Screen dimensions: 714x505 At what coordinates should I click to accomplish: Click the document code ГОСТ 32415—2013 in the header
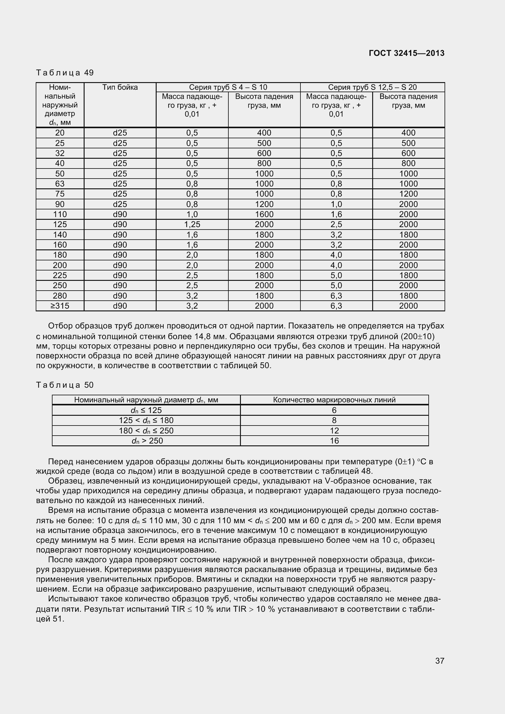coord(406,53)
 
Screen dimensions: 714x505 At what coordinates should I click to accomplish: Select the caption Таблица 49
coord(65,73)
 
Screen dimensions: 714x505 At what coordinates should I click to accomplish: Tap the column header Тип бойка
coord(120,87)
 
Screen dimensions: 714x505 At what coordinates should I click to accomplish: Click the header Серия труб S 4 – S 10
coord(228,87)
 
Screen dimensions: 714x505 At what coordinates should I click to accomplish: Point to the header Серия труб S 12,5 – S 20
coord(372,87)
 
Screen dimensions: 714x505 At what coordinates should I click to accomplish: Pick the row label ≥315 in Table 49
coord(60,306)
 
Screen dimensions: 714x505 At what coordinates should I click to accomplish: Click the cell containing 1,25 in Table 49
coord(192,225)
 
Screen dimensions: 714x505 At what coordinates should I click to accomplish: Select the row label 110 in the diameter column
coord(60,214)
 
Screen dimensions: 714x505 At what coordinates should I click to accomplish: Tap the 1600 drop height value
coord(264,214)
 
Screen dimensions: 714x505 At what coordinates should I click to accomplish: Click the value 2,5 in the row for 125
coord(336,225)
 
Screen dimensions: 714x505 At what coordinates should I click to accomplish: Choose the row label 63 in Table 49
coord(60,184)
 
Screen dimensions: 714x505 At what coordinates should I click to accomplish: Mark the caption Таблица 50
coord(65,385)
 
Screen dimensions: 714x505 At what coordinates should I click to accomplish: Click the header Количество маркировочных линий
coord(334,400)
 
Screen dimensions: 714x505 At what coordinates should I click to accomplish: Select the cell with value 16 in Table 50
coord(334,441)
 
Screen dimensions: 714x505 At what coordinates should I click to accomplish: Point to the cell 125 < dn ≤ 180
coord(146,421)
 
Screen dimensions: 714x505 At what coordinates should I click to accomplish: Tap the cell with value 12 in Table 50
coord(334,431)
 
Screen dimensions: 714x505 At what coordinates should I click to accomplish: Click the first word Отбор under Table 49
coord(60,326)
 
